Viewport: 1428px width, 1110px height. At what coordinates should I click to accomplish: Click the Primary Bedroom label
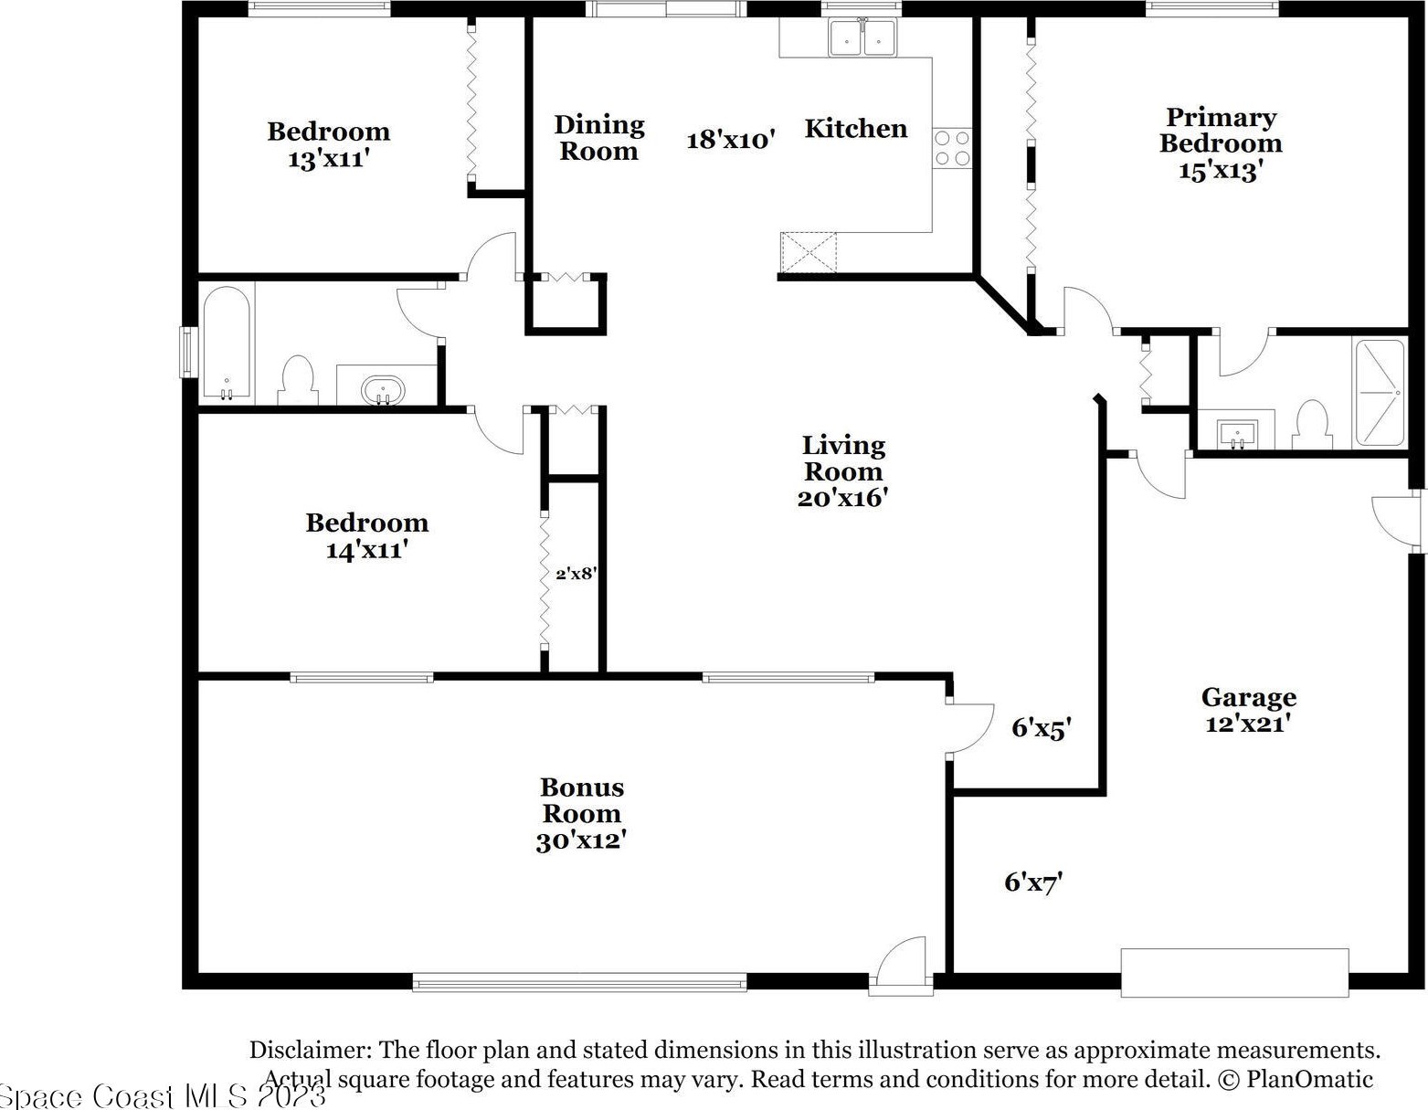click(1221, 143)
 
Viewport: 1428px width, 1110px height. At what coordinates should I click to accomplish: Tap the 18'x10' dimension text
click(731, 140)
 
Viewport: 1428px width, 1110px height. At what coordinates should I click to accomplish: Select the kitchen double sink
click(862, 37)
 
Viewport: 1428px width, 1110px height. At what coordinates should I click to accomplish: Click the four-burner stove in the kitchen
click(952, 148)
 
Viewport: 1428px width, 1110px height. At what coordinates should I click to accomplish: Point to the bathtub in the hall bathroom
click(226, 343)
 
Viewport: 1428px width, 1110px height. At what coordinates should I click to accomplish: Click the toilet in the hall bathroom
click(298, 380)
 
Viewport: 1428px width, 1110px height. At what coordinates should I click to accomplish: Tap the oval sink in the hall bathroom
click(384, 390)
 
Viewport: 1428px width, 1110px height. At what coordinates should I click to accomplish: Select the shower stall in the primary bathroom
click(1380, 393)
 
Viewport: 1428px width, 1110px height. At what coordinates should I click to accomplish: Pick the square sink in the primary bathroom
click(1237, 434)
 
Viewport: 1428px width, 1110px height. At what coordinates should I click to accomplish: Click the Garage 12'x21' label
click(1249, 710)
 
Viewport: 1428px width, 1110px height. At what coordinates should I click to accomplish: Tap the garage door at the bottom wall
click(1235, 973)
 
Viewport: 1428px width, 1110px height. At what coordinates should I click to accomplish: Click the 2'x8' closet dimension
click(576, 574)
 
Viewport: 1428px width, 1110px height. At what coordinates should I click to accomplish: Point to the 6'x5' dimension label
click(1042, 728)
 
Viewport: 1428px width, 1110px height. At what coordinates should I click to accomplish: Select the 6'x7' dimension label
click(1033, 883)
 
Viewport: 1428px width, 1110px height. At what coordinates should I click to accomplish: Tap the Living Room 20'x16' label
click(843, 471)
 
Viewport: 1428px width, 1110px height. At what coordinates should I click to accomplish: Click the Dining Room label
click(599, 137)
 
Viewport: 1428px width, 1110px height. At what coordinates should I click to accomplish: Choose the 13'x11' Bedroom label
click(329, 145)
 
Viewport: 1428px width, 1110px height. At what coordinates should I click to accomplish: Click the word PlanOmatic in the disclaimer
click(1310, 1079)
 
